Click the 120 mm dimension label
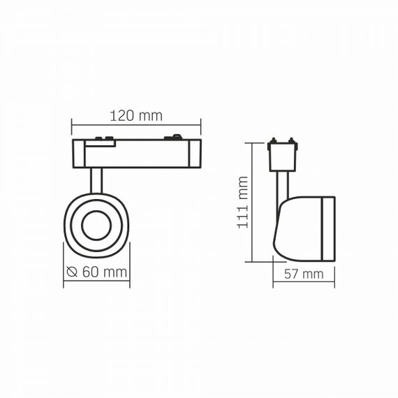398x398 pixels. click(136, 116)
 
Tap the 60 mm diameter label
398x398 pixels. click(105, 272)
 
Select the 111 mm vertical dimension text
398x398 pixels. click(242, 202)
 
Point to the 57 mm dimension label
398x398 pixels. click(304, 274)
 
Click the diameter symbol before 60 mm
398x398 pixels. click(72, 272)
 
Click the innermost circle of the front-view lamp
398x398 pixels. click(96, 225)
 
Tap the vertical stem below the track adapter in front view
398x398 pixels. click(96, 180)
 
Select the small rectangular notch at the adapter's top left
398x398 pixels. click(101, 144)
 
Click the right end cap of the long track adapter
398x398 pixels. click(195, 154)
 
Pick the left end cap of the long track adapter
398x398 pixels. click(78, 154)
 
